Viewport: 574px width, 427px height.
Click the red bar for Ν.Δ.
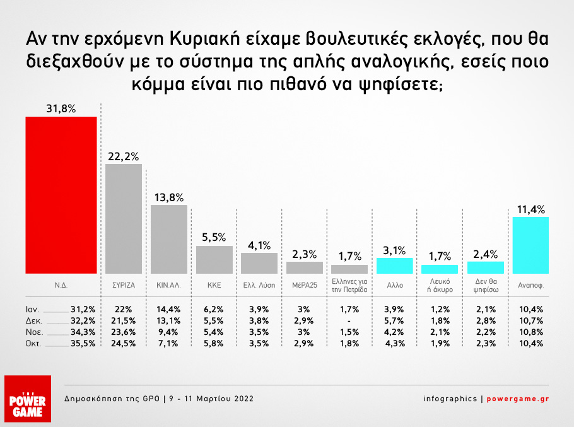pyautogui.click(x=61, y=195)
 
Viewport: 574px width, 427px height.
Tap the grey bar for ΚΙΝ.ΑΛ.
pyautogui.click(x=169, y=239)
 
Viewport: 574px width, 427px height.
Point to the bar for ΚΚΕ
pyautogui.click(x=214, y=259)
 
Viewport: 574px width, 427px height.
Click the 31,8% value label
pyautogui.click(x=61, y=108)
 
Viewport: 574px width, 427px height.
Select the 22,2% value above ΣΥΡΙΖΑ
pyautogui.click(x=124, y=156)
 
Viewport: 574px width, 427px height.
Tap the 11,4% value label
pyautogui.click(x=530, y=209)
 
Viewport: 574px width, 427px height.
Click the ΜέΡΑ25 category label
pyautogui.click(x=305, y=284)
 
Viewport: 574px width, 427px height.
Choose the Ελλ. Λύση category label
pyautogui.click(x=259, y=284)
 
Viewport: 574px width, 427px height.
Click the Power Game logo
pyautogui.click(x=27, y=399)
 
